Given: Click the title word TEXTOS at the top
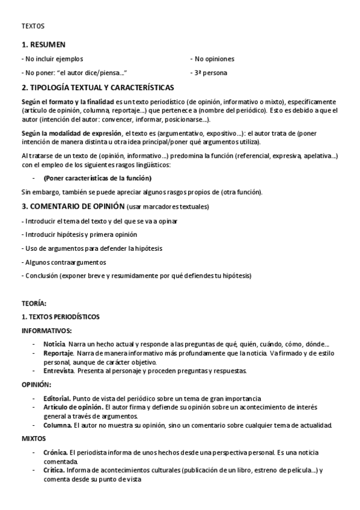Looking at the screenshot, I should pyautogui.click(x=32, y=26).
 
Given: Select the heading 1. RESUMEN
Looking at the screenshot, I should pyautogui.click(x=43, y=45).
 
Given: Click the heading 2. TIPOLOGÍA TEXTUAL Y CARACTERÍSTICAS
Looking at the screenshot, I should pyautogui.click(x=97, y=87).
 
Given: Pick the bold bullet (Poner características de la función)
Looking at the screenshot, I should pyautogui.click(x=97, y=178).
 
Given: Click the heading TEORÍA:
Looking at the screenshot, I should pyautogui.click(x=34, y=304).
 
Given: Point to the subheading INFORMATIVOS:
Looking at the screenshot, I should pyautogui.click(x=47, y=331).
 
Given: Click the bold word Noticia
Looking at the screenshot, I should pyautogui.click(x=54, y=343).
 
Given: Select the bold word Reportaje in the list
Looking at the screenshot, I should pyautogui.click(x=58, y=352).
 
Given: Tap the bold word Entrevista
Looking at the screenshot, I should pyautogui.click(x=59, y=371).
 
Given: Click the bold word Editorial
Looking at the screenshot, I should pyautogui.click(x=57, y=398).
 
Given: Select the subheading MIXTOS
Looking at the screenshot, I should pyautogui.click(x=34, y=438).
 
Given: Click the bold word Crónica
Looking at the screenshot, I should pyautogui.click(x=56, y=452).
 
